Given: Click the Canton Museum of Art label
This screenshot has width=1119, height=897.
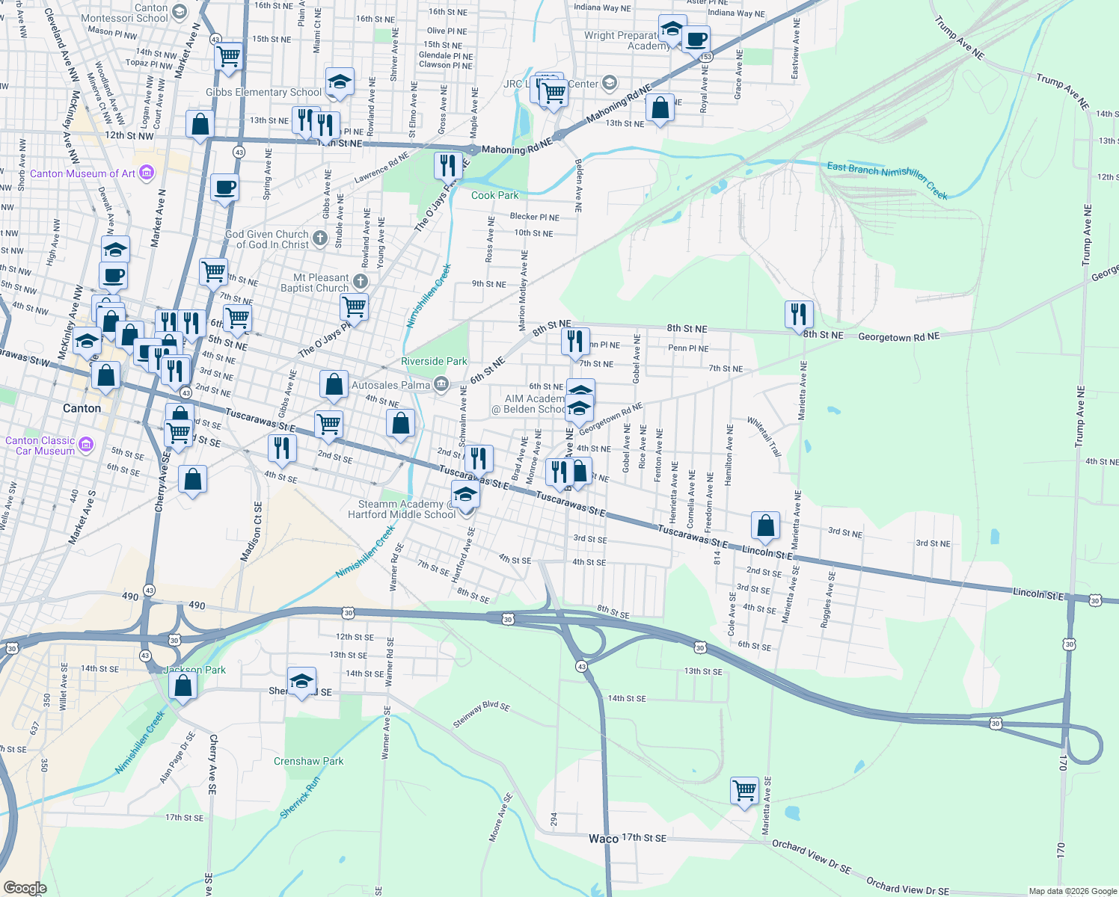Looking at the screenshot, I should (82, 173).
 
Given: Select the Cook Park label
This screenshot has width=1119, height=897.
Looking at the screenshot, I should (494, 195).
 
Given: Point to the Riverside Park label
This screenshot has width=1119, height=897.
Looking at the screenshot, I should (434, 361).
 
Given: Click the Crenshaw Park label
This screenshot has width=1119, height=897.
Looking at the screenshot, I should (308, 761).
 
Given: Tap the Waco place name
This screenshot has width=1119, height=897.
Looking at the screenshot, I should (603, 839).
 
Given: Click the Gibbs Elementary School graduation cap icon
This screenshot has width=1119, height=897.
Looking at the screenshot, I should (339, 81).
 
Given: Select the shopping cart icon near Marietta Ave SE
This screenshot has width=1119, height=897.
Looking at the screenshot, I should (744, 790).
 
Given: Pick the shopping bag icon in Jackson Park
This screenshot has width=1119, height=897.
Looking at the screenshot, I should (183, 685).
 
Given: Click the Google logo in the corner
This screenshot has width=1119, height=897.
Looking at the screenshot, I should (25, 888).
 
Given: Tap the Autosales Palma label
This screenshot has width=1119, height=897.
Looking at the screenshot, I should (390, 385).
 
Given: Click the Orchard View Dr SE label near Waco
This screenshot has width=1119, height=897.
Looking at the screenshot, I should (812, 857).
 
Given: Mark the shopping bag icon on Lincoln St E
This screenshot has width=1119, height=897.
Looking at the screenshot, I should (765, 525).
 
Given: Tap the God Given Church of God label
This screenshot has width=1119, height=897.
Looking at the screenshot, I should (267, 239).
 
